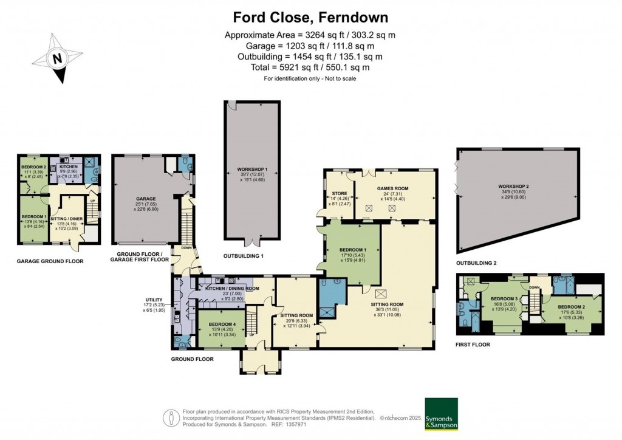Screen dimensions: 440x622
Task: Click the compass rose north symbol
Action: [58, 59]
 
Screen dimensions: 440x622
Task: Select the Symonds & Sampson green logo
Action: [441, 414]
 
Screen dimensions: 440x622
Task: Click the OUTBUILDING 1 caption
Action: [244, 256]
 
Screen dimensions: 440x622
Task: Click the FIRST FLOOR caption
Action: [473, 344]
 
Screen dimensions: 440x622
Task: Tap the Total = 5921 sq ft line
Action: [310, 67]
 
